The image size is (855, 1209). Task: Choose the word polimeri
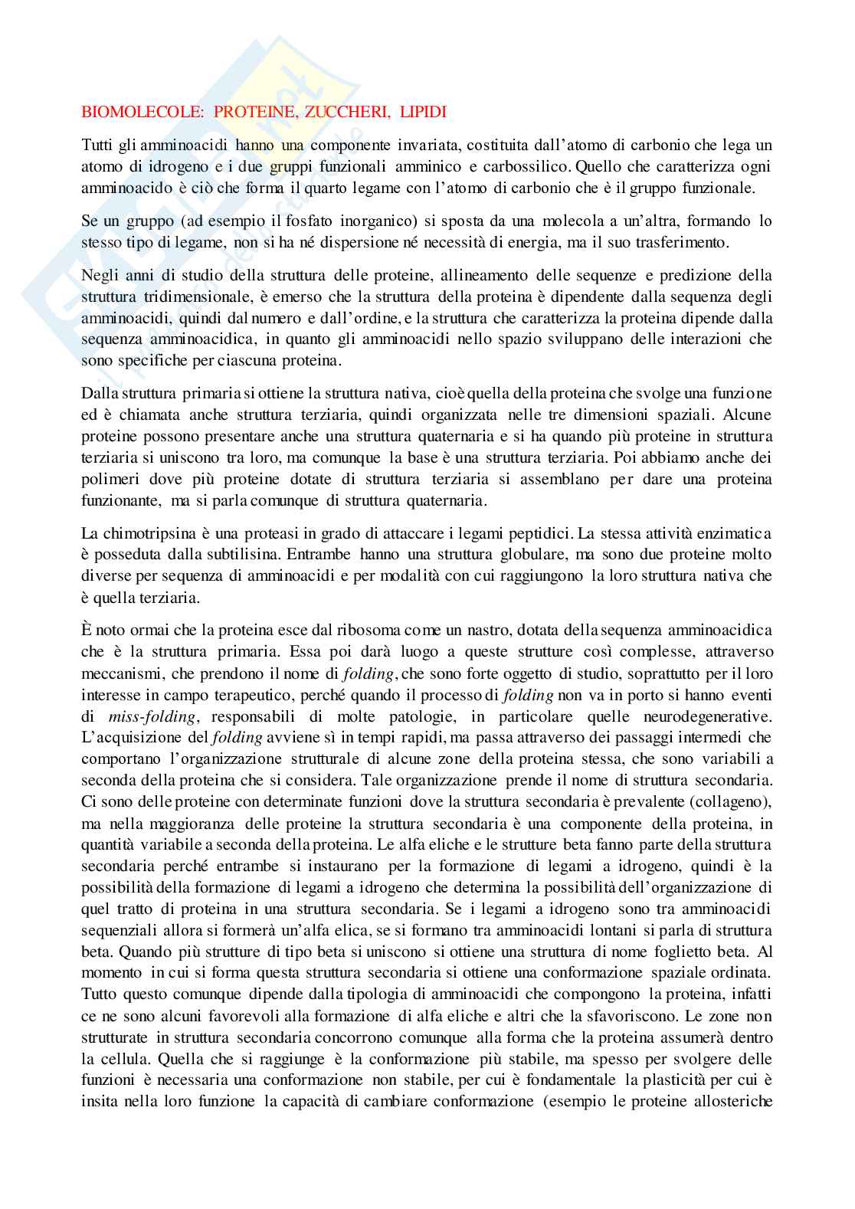109,480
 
